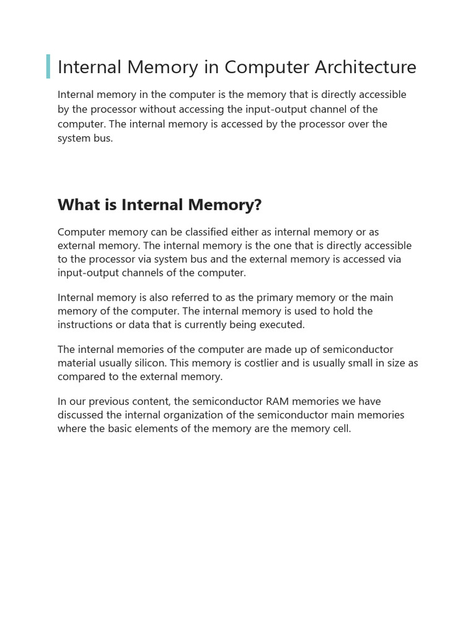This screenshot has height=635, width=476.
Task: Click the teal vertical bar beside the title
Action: pos(48,66)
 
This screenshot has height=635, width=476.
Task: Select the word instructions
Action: pos(86,324)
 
